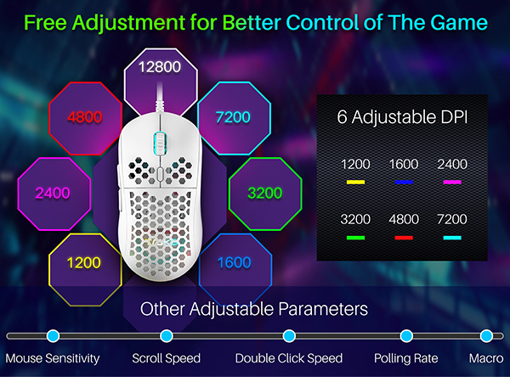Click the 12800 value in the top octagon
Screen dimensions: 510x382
160,67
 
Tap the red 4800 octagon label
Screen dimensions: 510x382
84,117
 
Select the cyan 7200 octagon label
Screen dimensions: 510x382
233,117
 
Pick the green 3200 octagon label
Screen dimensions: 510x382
264,193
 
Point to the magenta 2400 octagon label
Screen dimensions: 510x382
53,193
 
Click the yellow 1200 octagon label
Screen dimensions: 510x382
84,263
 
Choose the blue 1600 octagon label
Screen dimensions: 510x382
235,262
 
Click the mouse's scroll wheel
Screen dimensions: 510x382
160,143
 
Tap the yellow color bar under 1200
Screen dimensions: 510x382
355,183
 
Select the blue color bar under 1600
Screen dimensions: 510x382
404,183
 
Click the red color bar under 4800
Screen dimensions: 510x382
404,238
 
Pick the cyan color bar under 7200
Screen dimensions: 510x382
452,238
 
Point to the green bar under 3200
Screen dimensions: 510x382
355,238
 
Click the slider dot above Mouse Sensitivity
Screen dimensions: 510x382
53,336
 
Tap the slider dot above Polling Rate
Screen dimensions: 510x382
406,336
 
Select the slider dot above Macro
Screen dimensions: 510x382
486,336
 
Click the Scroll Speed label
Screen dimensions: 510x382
167,358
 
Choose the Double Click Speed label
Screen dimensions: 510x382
289,358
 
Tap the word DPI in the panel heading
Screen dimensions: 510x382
454,117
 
